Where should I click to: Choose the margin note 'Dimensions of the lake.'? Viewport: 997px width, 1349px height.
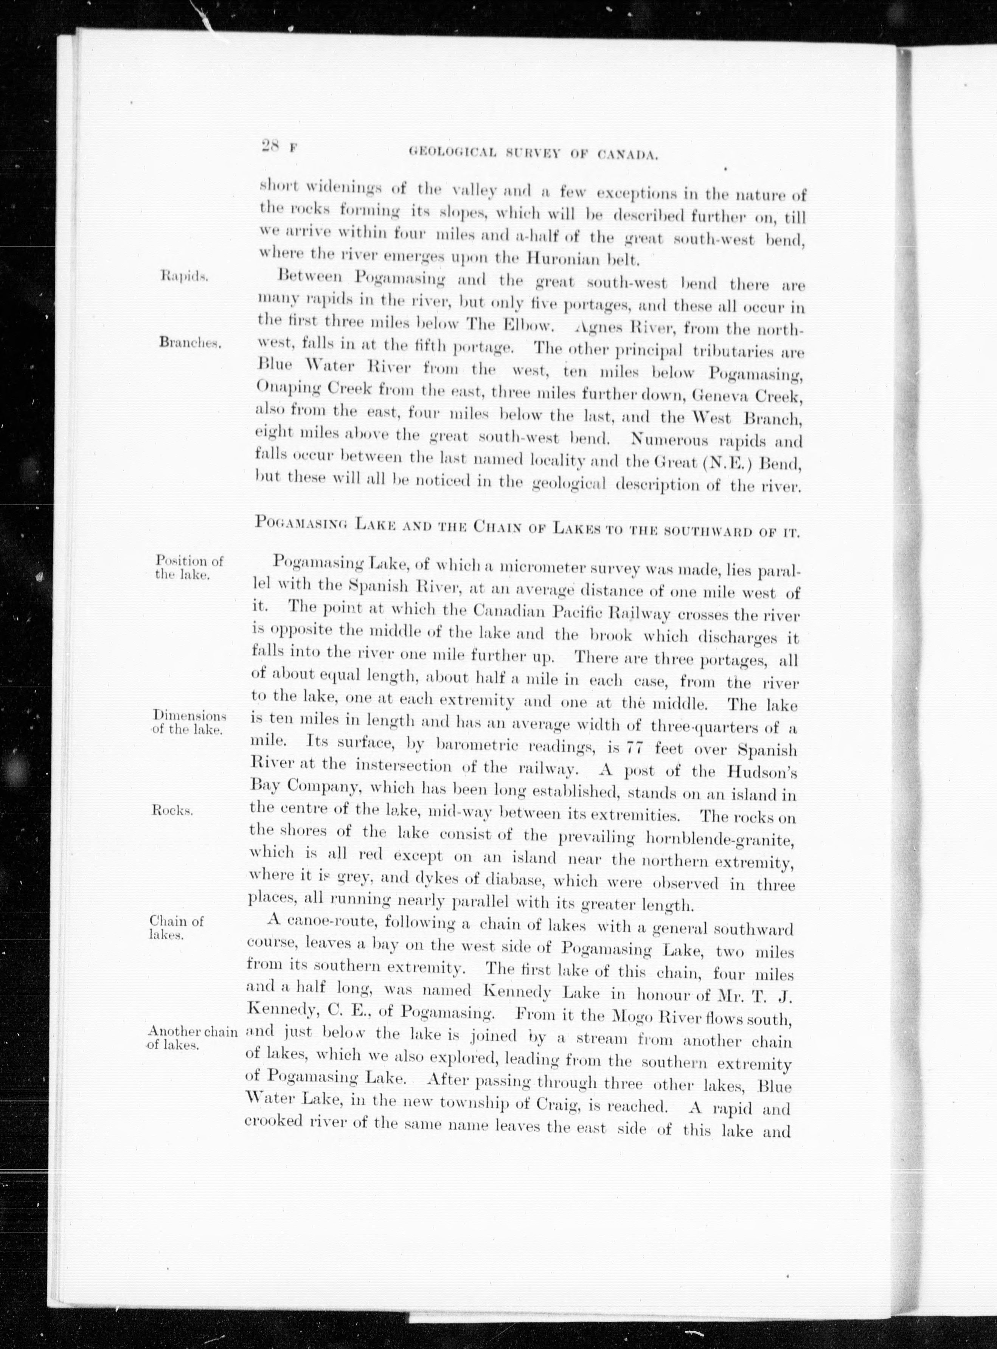click(x=189, y=721)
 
